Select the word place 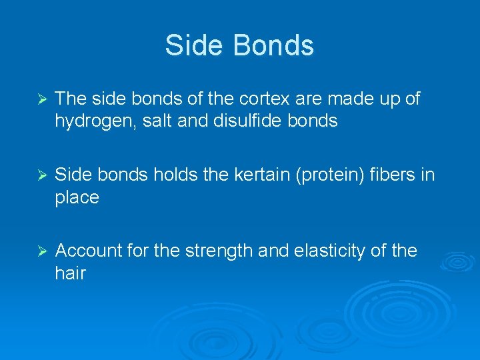pos(77,198)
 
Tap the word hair pos(71,273)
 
